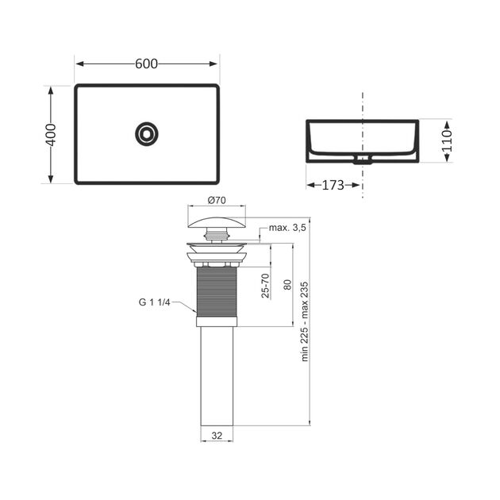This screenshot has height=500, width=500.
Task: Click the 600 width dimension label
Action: (146, 64)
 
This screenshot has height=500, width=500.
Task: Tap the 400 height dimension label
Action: (51, 134)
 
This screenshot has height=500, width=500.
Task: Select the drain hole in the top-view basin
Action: (146, 133)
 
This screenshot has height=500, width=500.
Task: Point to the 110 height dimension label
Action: (447, 141)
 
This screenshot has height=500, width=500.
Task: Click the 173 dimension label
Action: (333, 185)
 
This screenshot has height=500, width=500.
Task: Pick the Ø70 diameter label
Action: (217, 200)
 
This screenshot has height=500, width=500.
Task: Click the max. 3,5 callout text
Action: (287, 228)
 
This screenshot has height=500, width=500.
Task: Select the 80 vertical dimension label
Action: (287, 284)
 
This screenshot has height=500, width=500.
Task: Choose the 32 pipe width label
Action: (217, 435)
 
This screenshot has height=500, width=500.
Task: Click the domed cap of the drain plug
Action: (217, 222)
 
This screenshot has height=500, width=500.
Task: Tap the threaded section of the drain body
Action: (217, 290)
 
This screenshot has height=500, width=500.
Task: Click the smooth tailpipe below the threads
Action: (217, 373)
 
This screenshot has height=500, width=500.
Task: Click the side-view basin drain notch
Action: (363, 158)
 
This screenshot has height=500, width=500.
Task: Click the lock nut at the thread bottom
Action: (217, 321)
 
